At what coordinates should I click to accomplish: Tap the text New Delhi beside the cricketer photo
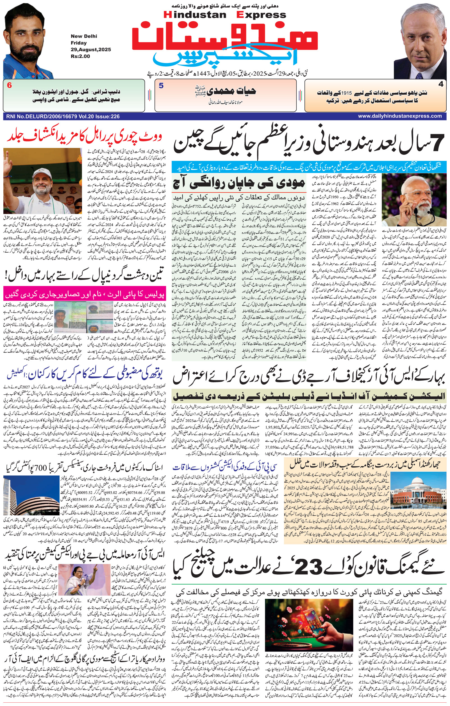84,36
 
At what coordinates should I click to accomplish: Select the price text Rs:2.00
80,56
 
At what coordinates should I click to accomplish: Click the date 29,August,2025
91,50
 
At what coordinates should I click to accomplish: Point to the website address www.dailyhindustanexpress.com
400,116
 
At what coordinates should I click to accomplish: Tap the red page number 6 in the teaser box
10,86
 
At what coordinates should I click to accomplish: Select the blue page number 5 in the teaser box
161,86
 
